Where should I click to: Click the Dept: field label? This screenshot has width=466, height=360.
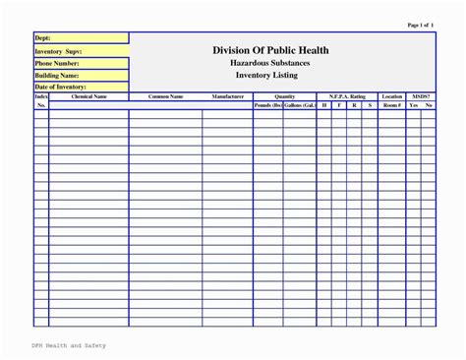pos(42,38)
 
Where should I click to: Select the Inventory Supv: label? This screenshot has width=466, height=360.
pos(58,51)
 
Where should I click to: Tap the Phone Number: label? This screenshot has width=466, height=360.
pos(56,63)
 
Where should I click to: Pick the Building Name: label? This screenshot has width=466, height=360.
pos(56,75)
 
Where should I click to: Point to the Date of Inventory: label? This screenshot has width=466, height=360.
pos(60,87)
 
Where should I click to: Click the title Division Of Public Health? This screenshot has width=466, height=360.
pos(270,50)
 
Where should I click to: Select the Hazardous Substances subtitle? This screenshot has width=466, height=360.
pos(270,63)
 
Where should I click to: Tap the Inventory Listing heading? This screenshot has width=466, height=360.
pos(270,75)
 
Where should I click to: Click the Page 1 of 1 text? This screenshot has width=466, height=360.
pos(420,25)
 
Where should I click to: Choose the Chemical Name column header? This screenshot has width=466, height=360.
pos(88,96)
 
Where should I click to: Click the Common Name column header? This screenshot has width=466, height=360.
pos(165,96)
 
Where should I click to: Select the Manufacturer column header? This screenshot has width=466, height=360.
pos(227,96)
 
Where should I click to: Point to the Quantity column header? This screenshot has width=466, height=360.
pos(284,96)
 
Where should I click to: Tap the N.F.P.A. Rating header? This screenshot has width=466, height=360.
pos(347,96)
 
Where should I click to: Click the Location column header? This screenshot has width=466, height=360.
pos(392,96)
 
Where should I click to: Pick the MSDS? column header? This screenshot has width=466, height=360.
pos(421,96)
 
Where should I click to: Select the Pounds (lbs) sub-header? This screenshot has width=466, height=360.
pos(267,104)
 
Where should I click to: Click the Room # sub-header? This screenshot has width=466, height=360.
pos(392,104)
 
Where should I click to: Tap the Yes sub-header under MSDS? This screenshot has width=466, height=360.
pos(414,104)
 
